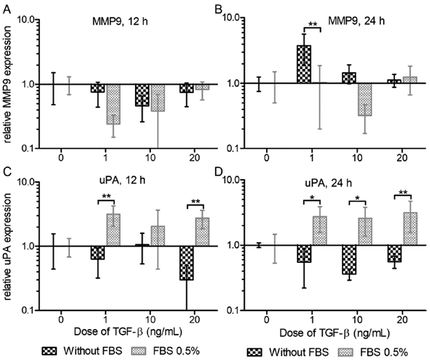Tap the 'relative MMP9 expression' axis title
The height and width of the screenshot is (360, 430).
tap(9, 83)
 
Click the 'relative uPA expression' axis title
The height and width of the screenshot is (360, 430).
tap(9, 246)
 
